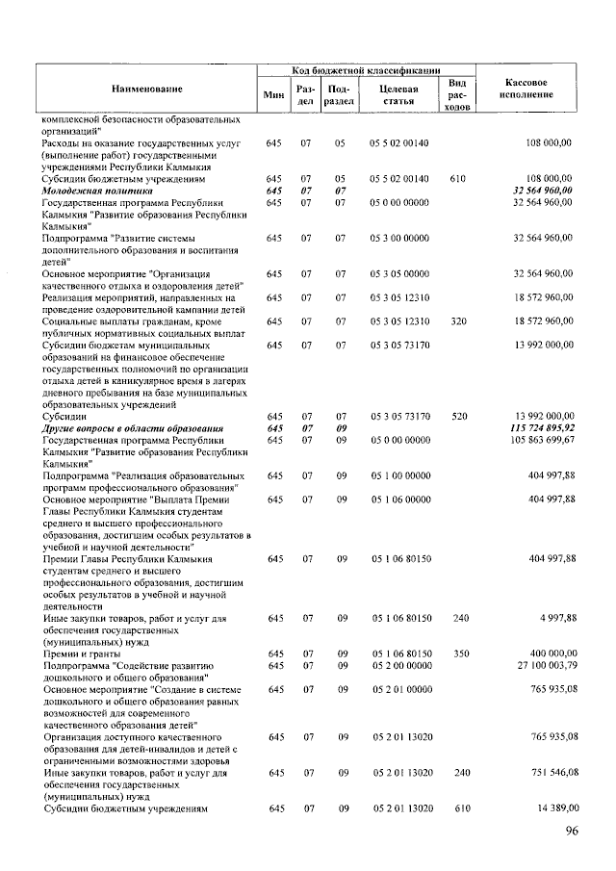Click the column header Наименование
[x=146, y=90]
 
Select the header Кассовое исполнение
[x=526, y=89]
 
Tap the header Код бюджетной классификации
[x=366, y=71]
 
